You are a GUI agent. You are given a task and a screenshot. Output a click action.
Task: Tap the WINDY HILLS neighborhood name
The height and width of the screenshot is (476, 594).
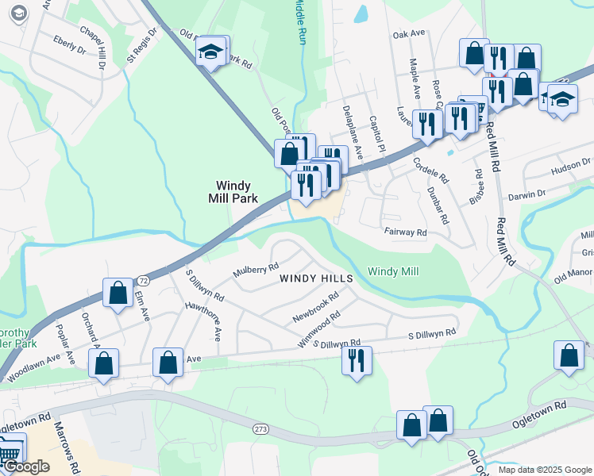coord(316,278)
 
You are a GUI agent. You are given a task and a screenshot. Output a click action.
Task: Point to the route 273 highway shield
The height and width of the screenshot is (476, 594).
coord(262,429)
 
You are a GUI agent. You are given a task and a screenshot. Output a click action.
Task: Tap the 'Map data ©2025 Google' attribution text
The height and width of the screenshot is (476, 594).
coord(545,470)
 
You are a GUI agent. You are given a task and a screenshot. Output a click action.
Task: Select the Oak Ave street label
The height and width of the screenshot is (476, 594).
coord(410,35)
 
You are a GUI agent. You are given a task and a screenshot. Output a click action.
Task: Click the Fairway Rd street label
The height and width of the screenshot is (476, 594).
coord(405,233)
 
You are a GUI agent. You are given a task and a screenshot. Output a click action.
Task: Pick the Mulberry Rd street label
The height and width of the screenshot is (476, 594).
coord(256,271)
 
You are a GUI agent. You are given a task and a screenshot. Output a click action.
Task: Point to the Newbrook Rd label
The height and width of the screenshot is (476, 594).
coord(315,305)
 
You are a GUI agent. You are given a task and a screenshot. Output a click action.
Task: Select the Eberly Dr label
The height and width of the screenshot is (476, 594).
coord(69,44)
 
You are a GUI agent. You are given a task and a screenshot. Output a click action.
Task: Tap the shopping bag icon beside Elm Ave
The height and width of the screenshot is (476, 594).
coord(118,293)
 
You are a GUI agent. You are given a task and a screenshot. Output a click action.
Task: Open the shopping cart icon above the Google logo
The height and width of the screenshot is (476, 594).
coord(10,450)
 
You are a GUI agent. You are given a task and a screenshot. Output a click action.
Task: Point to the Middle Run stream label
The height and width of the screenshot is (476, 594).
coord(299,21)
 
